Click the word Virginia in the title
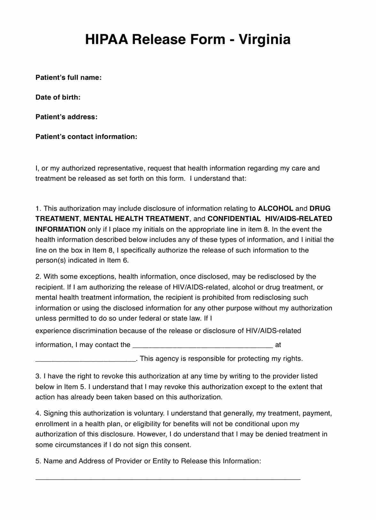[265, 40]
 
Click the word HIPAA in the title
[106, 40]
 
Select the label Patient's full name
[68, 78]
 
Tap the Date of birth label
[58, 97]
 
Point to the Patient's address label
[66, 117]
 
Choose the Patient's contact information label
[86, 137]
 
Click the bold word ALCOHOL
[275, 209]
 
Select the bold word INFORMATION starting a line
[60, 229]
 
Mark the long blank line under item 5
[168, 479]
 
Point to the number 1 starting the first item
[37, 209]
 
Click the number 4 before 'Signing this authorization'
[37, 413]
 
